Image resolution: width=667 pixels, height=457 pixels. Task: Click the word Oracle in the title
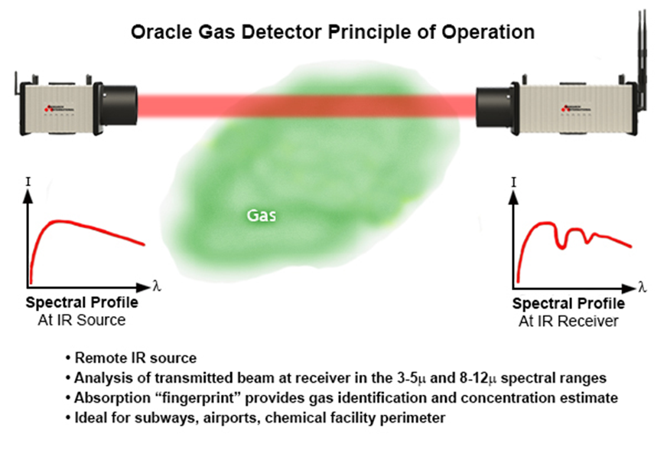[161, 32]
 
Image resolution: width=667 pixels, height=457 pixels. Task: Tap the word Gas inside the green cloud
[261, 215]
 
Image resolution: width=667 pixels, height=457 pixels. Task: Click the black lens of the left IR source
[119, 106]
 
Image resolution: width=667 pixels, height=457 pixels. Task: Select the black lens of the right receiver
[494, 106]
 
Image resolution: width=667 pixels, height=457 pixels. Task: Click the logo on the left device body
[59, 109]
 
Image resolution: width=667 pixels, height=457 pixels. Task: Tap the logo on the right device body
[576, 109]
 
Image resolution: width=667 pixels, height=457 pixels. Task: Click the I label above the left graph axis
[28, 182]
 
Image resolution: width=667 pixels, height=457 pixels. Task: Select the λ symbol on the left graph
[157, 286]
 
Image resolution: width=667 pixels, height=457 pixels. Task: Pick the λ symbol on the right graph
[643, 287]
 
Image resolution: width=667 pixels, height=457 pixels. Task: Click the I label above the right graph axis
[514, 182]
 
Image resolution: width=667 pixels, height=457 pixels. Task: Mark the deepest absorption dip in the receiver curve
[562, 246]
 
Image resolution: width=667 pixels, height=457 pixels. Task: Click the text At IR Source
[82, 320]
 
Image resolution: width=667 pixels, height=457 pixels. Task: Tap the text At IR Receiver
[568, 321]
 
